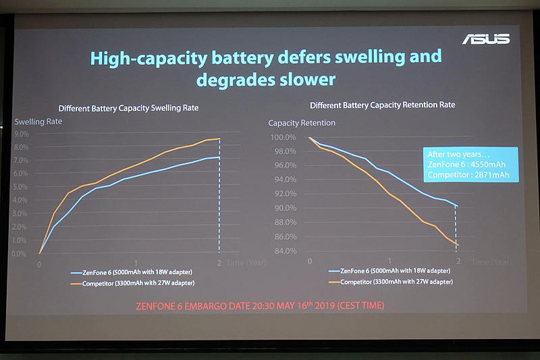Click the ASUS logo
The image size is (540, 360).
(485, 38)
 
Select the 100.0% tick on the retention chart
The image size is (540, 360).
(283, 138)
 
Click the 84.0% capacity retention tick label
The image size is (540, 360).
(283, 252)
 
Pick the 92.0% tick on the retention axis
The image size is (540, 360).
(283, 195)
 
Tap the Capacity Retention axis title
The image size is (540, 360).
(302, 123)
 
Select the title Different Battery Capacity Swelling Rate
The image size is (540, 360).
(128, 108)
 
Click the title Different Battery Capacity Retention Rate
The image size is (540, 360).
(382, 105)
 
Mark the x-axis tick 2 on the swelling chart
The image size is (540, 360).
(219, 263)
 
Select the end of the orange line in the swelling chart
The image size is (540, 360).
(219, 139)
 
